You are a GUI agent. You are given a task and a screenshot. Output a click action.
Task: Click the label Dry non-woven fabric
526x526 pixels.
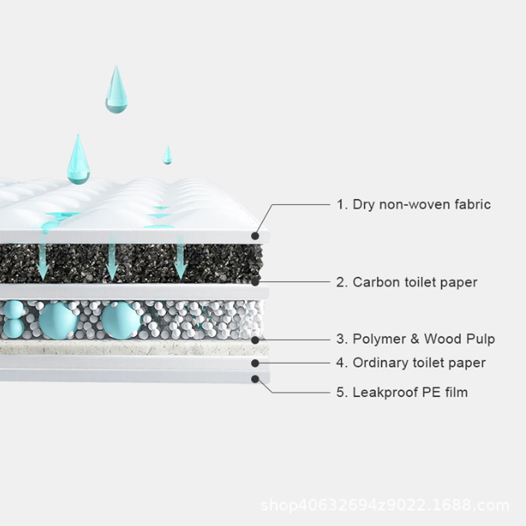click(414, 204)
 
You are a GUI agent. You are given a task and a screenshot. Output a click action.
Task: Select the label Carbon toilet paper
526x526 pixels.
click(407, 282)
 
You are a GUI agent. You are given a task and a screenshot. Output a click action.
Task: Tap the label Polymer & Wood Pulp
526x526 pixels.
click(416, 339)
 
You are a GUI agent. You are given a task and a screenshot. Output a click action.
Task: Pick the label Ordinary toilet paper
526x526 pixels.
click(411, 362)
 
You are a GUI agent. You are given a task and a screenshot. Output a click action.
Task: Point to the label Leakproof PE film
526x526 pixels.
click(402, 392)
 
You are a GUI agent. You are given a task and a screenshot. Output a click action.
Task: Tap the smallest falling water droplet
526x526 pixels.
click(167, 155)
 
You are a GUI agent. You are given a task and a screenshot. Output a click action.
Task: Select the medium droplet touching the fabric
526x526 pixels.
click(78, 160)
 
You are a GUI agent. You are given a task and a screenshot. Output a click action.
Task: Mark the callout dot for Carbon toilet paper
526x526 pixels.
click(256, 282)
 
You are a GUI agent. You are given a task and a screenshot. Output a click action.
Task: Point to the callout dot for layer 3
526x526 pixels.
click(256, 339)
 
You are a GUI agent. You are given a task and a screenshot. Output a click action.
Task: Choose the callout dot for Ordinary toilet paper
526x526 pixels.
click(256, 362)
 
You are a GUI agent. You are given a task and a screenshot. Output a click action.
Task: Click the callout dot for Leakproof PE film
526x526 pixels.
click(256, 378)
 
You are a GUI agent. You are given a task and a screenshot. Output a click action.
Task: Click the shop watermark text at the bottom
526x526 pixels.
click(385, 506)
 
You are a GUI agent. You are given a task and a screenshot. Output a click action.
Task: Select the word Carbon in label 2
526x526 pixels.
click(372, 282)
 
